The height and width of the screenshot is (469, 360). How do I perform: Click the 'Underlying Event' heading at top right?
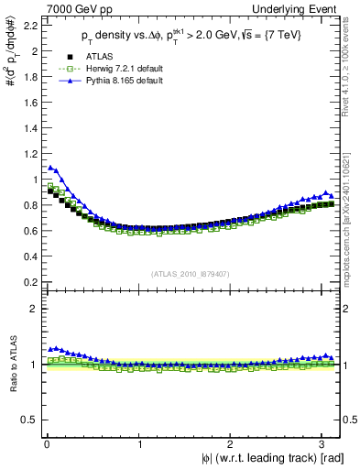pos(302,8)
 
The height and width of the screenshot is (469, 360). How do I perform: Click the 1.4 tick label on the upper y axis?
pos(28,128)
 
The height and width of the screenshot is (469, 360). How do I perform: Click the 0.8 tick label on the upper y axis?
pos(28,205)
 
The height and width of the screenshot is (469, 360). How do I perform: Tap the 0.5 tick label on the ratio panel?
pos(28,420)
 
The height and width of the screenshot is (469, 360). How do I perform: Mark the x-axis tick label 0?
pos(46,443)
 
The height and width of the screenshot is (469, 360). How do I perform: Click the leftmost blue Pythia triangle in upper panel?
pos(50,168)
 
